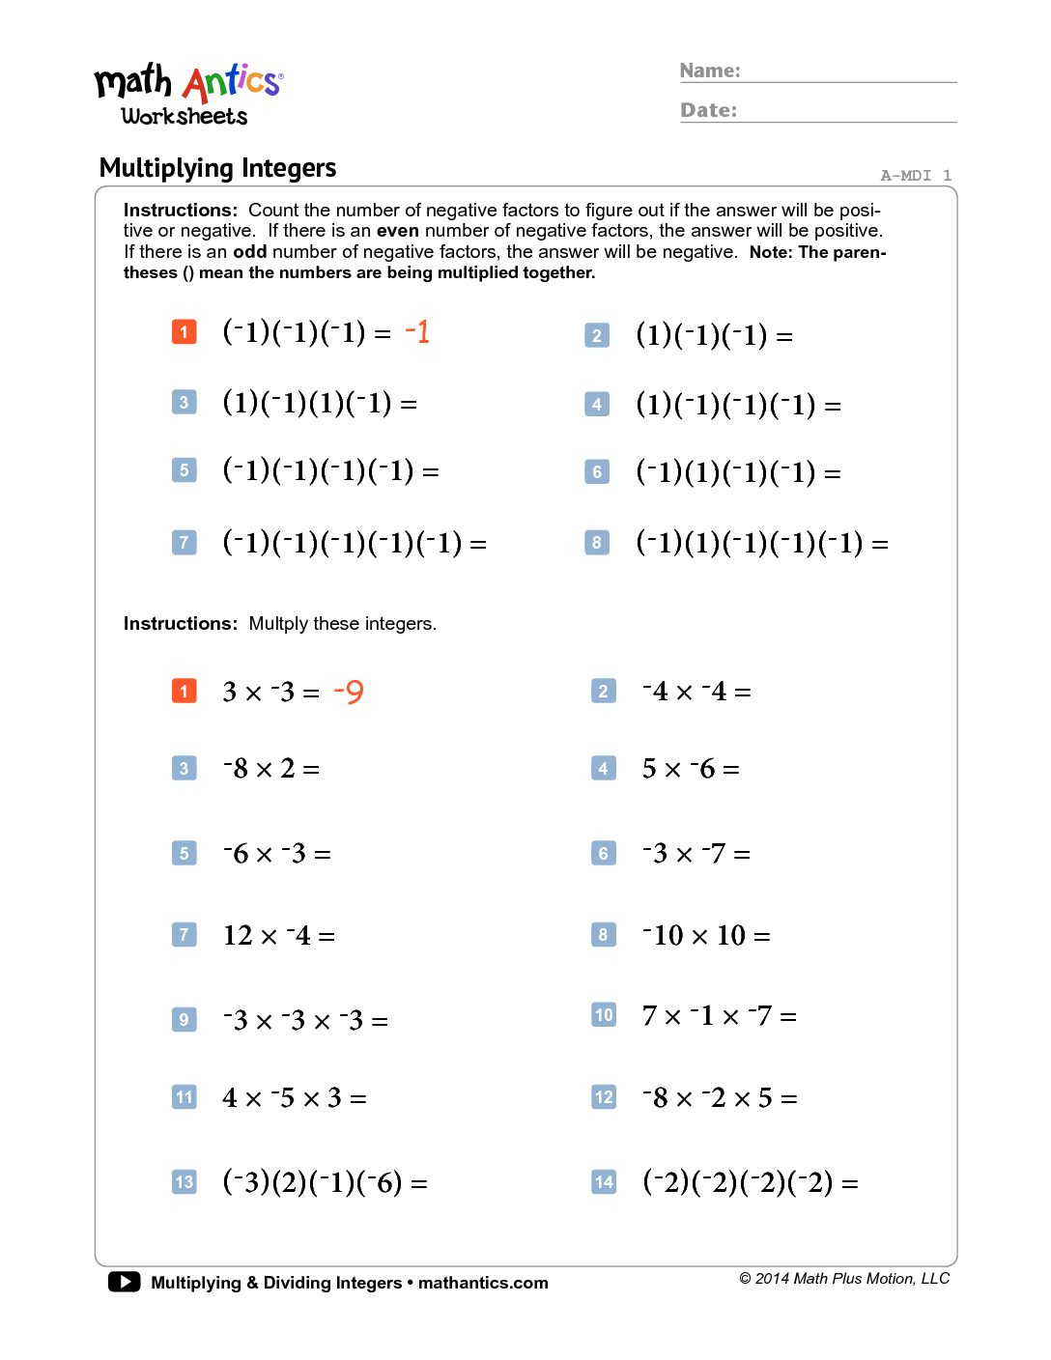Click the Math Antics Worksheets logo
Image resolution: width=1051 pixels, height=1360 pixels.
click(188, 95)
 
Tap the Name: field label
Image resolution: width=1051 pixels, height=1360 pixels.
click(710, 71)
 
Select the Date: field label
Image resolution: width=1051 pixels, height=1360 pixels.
click(708, 110)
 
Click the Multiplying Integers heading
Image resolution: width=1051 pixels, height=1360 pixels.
click(217, 168)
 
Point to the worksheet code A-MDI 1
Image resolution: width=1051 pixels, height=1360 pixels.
click(916, 175)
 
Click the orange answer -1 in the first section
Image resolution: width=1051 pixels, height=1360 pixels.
click(417, 332)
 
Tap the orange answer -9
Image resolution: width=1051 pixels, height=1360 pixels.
click(349, 692)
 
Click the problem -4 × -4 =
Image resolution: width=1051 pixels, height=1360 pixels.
click(696, 692)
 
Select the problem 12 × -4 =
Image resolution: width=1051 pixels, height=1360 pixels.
click(278, 935)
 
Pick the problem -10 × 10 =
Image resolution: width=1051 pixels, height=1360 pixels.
click(706, 935)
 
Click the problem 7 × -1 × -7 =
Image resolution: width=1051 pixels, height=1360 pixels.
click(719, 1016)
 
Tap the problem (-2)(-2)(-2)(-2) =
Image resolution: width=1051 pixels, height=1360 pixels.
click(750, 1182)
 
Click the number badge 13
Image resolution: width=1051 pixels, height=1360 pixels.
click(184, 1182)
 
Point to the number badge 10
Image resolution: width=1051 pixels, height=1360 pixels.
click(604, 1015)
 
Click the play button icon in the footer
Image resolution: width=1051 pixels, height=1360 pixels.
click(124, 1282)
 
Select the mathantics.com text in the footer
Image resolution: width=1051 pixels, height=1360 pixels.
click(483, 1283)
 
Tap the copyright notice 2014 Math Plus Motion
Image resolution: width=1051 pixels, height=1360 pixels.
click(844, 1279)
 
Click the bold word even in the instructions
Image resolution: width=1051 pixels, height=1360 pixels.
click(398, 231)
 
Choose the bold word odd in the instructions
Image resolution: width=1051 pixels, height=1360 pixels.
click(249, 252)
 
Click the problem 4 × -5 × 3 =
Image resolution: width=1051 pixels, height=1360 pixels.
click(294, 1098)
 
